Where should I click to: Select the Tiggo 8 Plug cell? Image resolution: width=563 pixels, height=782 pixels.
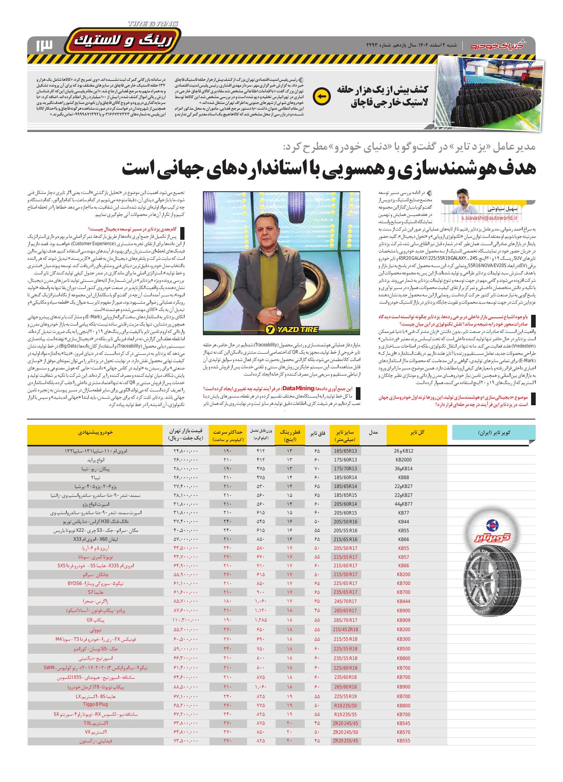(87, 705)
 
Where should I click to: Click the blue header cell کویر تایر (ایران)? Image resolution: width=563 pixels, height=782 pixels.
(494, 433)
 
